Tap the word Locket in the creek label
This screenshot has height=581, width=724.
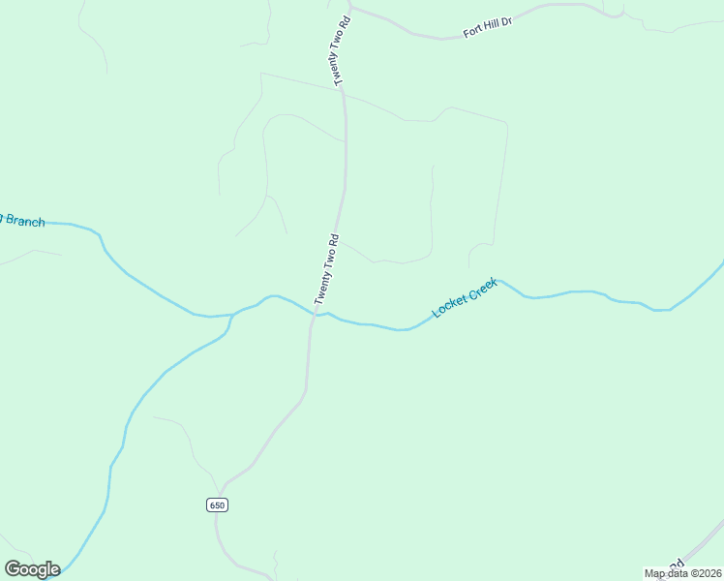(x=449, y=304)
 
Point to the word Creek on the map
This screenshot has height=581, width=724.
(x=482, y=289)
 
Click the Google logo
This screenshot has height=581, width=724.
(x=32, y=568)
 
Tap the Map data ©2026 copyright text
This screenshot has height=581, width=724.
(x=683, y=573)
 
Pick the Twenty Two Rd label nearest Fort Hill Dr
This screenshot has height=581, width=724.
(x=338, y=49)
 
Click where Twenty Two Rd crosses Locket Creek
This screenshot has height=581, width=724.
(x=315, y=315)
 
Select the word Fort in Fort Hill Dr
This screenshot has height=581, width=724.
(x=472, y=31)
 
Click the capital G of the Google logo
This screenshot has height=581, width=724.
(x=14, y=568)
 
